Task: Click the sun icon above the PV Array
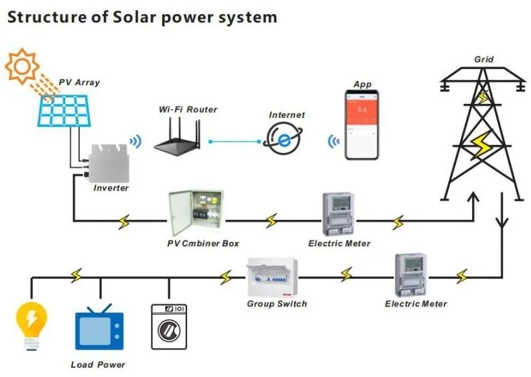tap(23, 66)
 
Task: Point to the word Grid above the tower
tap(483, 59)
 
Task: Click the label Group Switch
tap(277, 304)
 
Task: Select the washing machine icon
tap(169, 326)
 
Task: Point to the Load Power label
tap(98, 365)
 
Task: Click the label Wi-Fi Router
tap(188, 109)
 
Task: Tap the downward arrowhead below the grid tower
tap(501, 222)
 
